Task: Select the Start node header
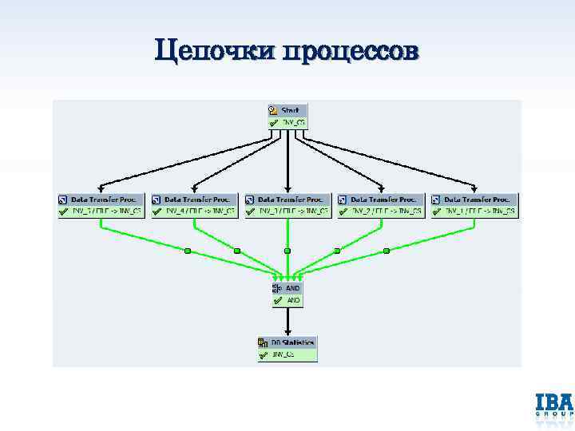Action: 287,110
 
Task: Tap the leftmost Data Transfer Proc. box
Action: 101,205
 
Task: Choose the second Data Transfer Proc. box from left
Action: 194,205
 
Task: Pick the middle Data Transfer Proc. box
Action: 287,205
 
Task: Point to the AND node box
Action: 287,294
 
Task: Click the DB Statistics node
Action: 287,348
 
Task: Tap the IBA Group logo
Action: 553,405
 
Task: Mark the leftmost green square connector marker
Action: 188,251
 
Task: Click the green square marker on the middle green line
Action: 287,251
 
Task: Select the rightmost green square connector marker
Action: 387,251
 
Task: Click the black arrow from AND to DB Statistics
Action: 287,321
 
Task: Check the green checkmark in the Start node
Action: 273,122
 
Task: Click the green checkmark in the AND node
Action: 277,301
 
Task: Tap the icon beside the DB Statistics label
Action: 263,342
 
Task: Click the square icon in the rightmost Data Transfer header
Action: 437,199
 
